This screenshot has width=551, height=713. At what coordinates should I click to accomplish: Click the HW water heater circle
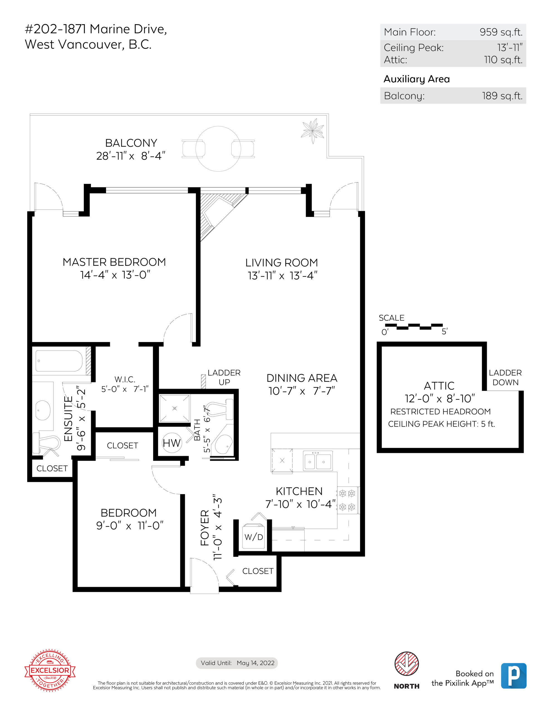coord(172,443)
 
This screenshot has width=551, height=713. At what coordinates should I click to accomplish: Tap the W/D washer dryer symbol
coord(254,537)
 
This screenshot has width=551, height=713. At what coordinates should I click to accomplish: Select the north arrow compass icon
coord(406,664)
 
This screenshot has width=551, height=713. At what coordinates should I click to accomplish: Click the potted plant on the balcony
coord(313,131)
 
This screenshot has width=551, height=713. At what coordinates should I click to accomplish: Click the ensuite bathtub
coord(59,361)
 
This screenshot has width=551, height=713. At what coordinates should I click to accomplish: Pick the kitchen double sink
coord(318,461)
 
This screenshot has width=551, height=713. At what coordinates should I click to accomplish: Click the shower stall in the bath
coord(174,408)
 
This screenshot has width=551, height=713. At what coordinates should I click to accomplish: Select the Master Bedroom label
coord(114,262)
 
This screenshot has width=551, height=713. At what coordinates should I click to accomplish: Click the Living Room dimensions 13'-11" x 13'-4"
coord(282,275)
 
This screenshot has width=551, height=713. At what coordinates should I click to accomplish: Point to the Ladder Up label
coord(224,377)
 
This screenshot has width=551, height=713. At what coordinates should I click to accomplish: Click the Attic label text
coord(439,385)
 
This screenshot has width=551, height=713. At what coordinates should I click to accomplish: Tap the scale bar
coord(414,326)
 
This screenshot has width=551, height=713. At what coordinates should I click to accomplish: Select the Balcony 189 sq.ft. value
coord(502,96)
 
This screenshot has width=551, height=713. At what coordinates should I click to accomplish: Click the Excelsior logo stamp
coord(50,670)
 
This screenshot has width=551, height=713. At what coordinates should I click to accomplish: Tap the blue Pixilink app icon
coord(513,676)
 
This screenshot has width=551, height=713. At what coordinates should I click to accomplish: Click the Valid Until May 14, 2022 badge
coord(237,663)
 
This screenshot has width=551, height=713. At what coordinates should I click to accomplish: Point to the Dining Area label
coord(302,378)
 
